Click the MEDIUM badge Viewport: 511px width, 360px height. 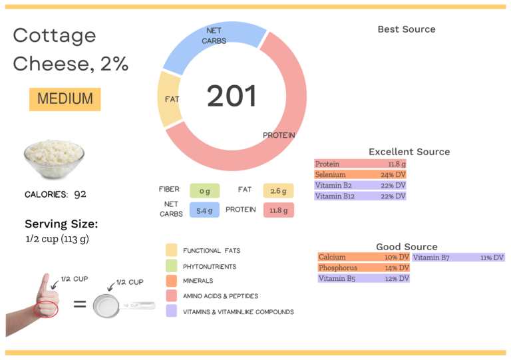[65, 99]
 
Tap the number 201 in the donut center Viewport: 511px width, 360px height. [231, 96]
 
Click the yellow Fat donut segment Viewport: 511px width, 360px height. [169, 100]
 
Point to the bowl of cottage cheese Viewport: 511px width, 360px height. [54, 160]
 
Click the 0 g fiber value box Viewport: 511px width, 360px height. [204, 191]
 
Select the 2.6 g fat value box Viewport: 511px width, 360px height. [278, 191]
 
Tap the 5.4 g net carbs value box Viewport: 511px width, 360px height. [204, 210]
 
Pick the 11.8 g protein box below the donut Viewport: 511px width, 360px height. [278, 210]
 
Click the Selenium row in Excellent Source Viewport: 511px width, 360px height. [360, 174]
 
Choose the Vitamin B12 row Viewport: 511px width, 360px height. [360, 196]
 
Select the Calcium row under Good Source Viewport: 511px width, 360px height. [363, 257]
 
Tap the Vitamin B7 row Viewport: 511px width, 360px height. [458, 257]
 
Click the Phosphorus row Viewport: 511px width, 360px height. [363, 268]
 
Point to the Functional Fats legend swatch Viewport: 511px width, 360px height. [172, 250]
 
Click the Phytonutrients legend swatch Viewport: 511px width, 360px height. [172, 266]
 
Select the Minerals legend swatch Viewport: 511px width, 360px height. [172, 281]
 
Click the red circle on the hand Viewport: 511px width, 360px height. [47, 308]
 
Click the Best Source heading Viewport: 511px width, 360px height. [406, 29]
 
